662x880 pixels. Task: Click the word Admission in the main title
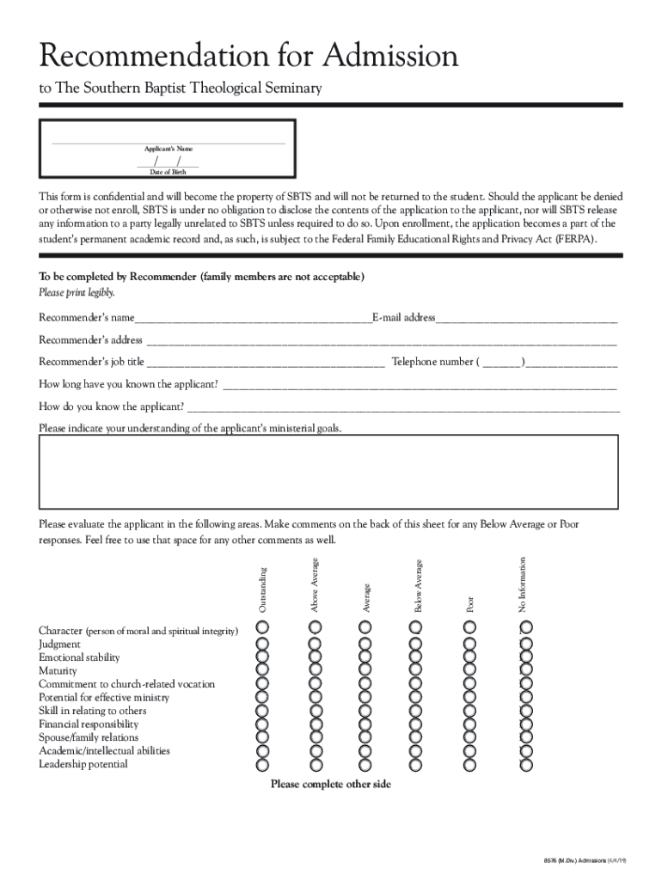(391, 58)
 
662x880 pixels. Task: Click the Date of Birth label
(168, 172)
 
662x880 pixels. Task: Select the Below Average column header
(418, 586)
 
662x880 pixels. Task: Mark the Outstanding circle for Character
(263, 630)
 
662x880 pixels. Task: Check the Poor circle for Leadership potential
(469, 764)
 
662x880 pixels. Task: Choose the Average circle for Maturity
(365, 670)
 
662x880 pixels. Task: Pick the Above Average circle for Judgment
(315, 644)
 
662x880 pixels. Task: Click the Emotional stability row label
(79, 657)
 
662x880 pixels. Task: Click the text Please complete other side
(330, 784)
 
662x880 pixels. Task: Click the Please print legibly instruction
(76, 293)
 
